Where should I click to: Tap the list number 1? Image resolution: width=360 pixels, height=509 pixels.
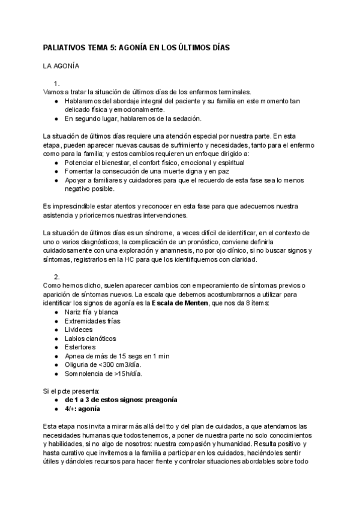pos(56,83)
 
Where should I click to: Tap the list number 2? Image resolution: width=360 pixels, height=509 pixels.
pos(56,277)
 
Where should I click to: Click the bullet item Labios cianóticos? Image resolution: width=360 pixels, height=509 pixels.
pos(90,339)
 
